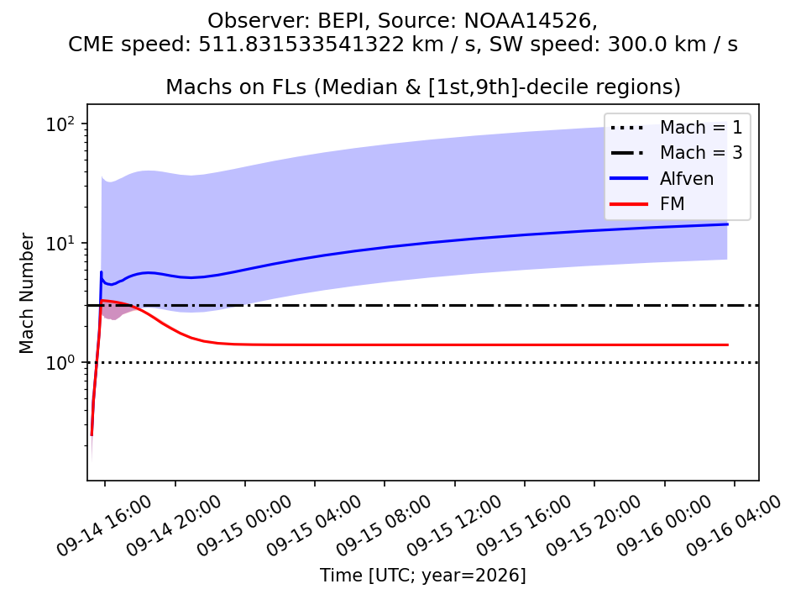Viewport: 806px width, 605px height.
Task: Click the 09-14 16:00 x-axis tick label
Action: coord(105,525)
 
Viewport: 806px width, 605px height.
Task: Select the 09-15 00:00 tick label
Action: coord(244,525)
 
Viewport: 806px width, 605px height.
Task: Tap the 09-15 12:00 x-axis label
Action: coord(454,525)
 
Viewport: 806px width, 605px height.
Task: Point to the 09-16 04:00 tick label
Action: coord(734,525)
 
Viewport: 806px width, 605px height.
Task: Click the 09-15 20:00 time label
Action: coord(594,525)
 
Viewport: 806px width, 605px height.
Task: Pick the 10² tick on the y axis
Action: coord(60,124)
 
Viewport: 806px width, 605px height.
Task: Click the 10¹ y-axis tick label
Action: coord(60,244)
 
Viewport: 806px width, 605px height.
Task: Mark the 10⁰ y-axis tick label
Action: coord(60,363)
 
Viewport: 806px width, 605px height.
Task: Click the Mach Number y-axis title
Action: coord(26,293)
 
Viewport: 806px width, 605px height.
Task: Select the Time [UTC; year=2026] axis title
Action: coord(423,575)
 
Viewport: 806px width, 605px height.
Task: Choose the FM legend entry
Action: coord(647,203)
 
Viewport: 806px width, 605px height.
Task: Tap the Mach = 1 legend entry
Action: coord(676,127)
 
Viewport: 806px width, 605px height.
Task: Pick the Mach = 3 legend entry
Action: coord(676,152)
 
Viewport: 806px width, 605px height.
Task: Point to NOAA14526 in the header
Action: coord(528,21)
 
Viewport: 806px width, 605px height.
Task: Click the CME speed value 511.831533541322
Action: coord(301,45)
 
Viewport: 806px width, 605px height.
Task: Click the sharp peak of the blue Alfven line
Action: coord(102,271)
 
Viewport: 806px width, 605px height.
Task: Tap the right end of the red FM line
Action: coord(728,345)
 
